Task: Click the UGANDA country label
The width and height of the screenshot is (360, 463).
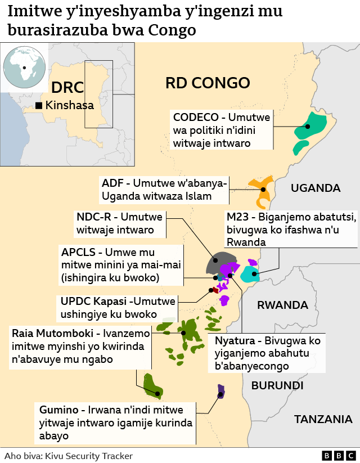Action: (x=315, y=188)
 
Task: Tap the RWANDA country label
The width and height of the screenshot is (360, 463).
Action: (x=282, y=305)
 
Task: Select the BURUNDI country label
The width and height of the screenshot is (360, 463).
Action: (x=277, y=385)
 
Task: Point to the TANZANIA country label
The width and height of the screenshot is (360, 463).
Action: (x=323, y=419)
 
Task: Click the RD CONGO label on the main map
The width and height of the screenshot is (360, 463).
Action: (x=207, y=83)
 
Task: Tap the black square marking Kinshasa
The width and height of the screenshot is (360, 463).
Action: (x=39, y=105)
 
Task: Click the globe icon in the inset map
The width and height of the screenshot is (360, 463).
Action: (x=24, y=68)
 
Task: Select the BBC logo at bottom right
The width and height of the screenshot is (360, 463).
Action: (x=338, y=455)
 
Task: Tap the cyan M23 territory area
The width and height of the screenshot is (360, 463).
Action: (x=249, y=275)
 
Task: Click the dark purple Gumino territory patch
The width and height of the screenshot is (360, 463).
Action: (x=221, y=391)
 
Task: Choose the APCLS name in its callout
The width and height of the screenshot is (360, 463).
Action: (x=80, y=252)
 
